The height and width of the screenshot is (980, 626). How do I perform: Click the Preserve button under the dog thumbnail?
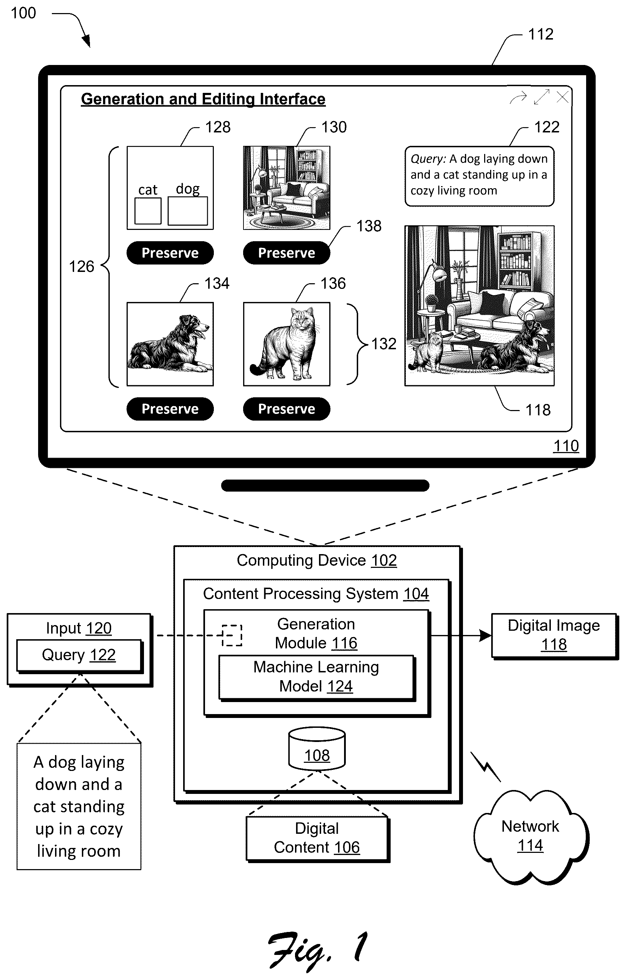170,409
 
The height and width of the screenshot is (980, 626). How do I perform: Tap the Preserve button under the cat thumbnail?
286,409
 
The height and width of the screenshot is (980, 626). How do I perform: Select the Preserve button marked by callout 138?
286,253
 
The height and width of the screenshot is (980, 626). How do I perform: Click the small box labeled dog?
187,211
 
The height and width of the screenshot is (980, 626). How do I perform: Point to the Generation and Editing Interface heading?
203,99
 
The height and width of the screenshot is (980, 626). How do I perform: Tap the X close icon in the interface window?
562,97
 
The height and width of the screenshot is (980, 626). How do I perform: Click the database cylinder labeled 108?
317,748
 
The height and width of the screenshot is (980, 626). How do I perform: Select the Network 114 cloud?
531,836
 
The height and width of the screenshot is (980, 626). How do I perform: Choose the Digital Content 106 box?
317,838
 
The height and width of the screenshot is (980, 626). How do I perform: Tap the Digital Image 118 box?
554,636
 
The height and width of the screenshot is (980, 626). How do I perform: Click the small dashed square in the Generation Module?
232,635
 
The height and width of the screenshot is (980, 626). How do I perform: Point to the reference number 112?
541,34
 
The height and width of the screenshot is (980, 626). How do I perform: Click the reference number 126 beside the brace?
82,267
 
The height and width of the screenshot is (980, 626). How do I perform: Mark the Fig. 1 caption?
317,951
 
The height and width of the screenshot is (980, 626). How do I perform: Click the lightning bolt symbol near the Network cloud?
486,767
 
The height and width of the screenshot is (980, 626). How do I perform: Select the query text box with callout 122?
480,176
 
